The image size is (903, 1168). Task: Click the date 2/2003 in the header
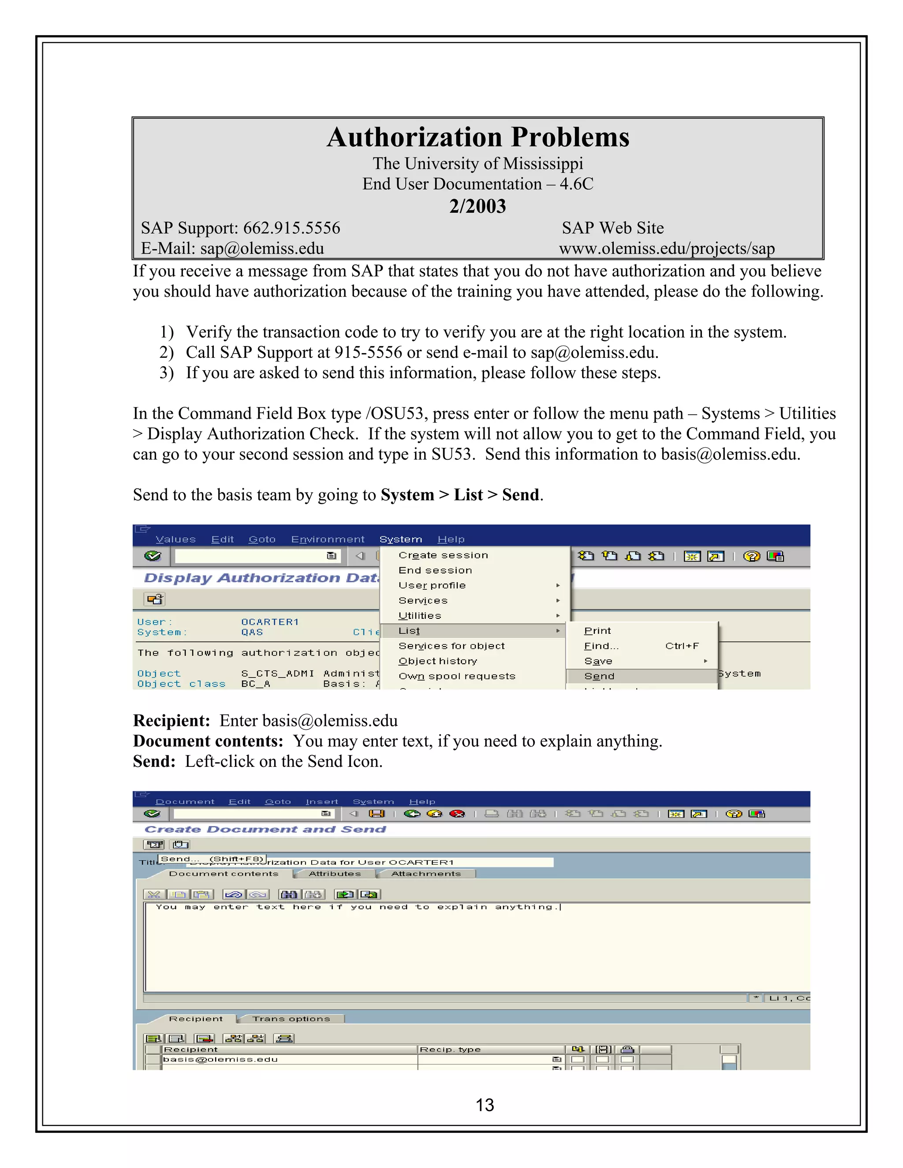click(x=477, y=206)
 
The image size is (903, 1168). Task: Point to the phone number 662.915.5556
click(x=291, y=228)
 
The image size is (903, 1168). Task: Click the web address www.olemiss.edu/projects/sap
click(x=667, y=249)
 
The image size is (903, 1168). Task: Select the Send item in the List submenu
click(x=599, y=677)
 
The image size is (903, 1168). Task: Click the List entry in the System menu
click(x=409, y=631)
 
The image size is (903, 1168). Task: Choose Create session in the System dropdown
click(x=443, y=555)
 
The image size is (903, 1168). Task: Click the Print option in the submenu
click(x=597, y=631)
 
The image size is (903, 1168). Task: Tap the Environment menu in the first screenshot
click(x=328, y=539)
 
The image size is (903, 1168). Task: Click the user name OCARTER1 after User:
click(x=269, y=622)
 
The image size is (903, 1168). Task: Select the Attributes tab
click(x=335, y=874)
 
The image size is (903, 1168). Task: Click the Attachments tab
click(x=426, y=874)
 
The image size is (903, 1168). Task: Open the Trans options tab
click(x=291, y=1019)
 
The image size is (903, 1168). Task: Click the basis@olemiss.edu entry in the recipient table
click(x=220, y=1060)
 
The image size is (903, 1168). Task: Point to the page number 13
click(x=485, y=1105)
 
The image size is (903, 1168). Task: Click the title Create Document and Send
click(x=265, y=830)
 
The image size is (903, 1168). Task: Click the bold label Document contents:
click(x=208, y=741)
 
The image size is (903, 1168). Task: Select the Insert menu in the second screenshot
click(x=321, y=802)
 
